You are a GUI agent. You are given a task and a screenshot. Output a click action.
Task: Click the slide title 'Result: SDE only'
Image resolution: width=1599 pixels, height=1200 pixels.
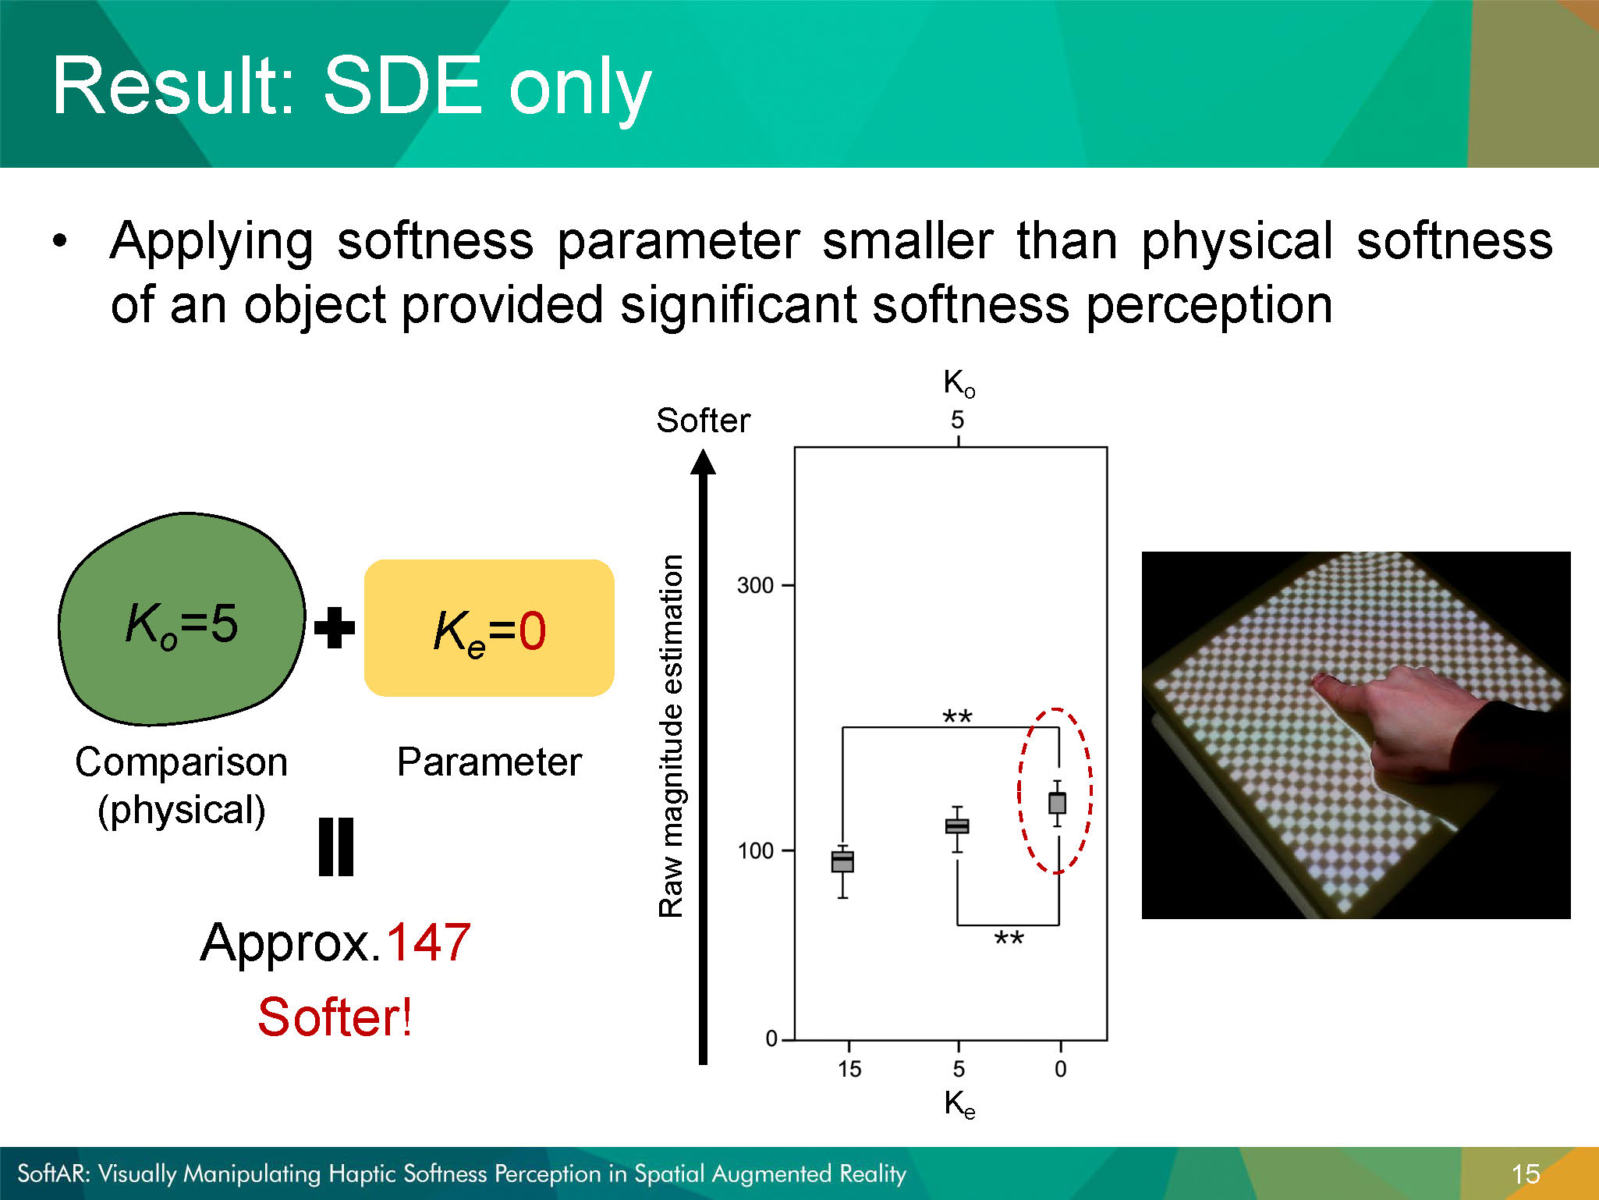352,87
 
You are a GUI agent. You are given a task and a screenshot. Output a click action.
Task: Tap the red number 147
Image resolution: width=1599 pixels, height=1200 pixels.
428,942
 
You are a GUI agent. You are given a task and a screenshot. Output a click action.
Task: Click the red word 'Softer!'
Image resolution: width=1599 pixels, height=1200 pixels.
335,1017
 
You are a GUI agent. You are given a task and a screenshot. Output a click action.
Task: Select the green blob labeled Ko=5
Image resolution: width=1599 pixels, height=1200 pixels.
182,619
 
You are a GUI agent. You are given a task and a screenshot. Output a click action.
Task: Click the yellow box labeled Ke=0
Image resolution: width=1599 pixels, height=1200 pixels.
489,628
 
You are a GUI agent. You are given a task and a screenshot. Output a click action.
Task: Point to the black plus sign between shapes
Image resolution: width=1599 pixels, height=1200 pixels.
335,627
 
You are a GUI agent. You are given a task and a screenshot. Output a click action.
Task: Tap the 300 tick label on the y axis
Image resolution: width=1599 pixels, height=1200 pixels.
755,585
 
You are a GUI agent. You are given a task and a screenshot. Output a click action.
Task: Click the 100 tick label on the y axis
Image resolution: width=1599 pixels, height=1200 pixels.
755,850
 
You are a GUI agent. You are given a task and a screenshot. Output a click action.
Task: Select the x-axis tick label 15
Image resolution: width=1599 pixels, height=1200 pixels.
849,1069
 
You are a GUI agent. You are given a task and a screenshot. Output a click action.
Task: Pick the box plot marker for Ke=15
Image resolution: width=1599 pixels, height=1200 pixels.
842,861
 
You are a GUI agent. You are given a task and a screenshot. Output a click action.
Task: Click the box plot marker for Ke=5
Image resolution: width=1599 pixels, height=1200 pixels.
957,826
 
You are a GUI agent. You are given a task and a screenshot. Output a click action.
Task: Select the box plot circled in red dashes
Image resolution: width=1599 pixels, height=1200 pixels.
1057,803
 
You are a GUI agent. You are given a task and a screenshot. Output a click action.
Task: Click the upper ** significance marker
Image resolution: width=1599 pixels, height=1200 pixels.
957,715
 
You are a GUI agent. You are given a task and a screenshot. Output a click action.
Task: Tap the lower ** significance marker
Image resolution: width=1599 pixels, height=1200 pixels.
1009,938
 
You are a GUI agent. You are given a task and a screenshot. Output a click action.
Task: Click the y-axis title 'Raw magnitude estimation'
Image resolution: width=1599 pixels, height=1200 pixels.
672,736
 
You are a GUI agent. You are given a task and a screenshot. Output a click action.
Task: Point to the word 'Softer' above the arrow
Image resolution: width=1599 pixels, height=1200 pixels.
703,421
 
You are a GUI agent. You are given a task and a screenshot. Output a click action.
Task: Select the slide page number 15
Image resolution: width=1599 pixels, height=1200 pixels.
1526,1173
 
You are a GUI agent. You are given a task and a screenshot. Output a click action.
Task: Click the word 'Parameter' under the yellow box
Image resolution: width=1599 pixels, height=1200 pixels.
489,762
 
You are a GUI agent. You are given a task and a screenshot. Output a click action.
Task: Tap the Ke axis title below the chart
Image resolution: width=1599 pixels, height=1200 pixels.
959,1105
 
